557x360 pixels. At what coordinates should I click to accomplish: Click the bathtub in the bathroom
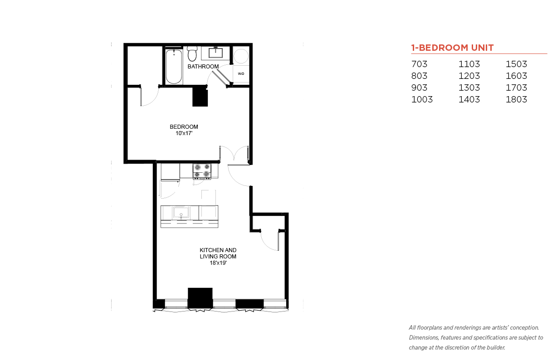point(173,67)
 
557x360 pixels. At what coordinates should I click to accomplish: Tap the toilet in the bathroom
point(192,54)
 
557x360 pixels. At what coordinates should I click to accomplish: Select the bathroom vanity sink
point(215,53)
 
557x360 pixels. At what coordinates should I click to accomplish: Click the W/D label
point(241,74)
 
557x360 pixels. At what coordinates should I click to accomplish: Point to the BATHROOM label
point(203,67)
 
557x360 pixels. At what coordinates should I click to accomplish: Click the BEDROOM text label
point(184,126)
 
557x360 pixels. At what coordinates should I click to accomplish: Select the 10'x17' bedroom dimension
point(184,133)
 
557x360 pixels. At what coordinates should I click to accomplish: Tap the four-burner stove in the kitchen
point(202,170)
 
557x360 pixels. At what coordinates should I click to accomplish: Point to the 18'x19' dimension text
point(218,263)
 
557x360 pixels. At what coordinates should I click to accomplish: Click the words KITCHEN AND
point(218,250)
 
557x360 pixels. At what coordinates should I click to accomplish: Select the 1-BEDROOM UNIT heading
point(452,48)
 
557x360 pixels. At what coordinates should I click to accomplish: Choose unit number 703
point(419,64)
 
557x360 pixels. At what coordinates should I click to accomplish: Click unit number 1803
point(516,100)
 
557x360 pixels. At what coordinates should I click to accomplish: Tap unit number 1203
point(469,76)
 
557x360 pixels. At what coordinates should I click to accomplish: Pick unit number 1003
point(422,100)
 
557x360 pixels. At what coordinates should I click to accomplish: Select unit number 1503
point(516,64)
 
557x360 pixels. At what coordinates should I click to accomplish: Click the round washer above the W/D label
point(241,56)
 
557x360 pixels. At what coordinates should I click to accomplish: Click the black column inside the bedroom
point(200,97)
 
